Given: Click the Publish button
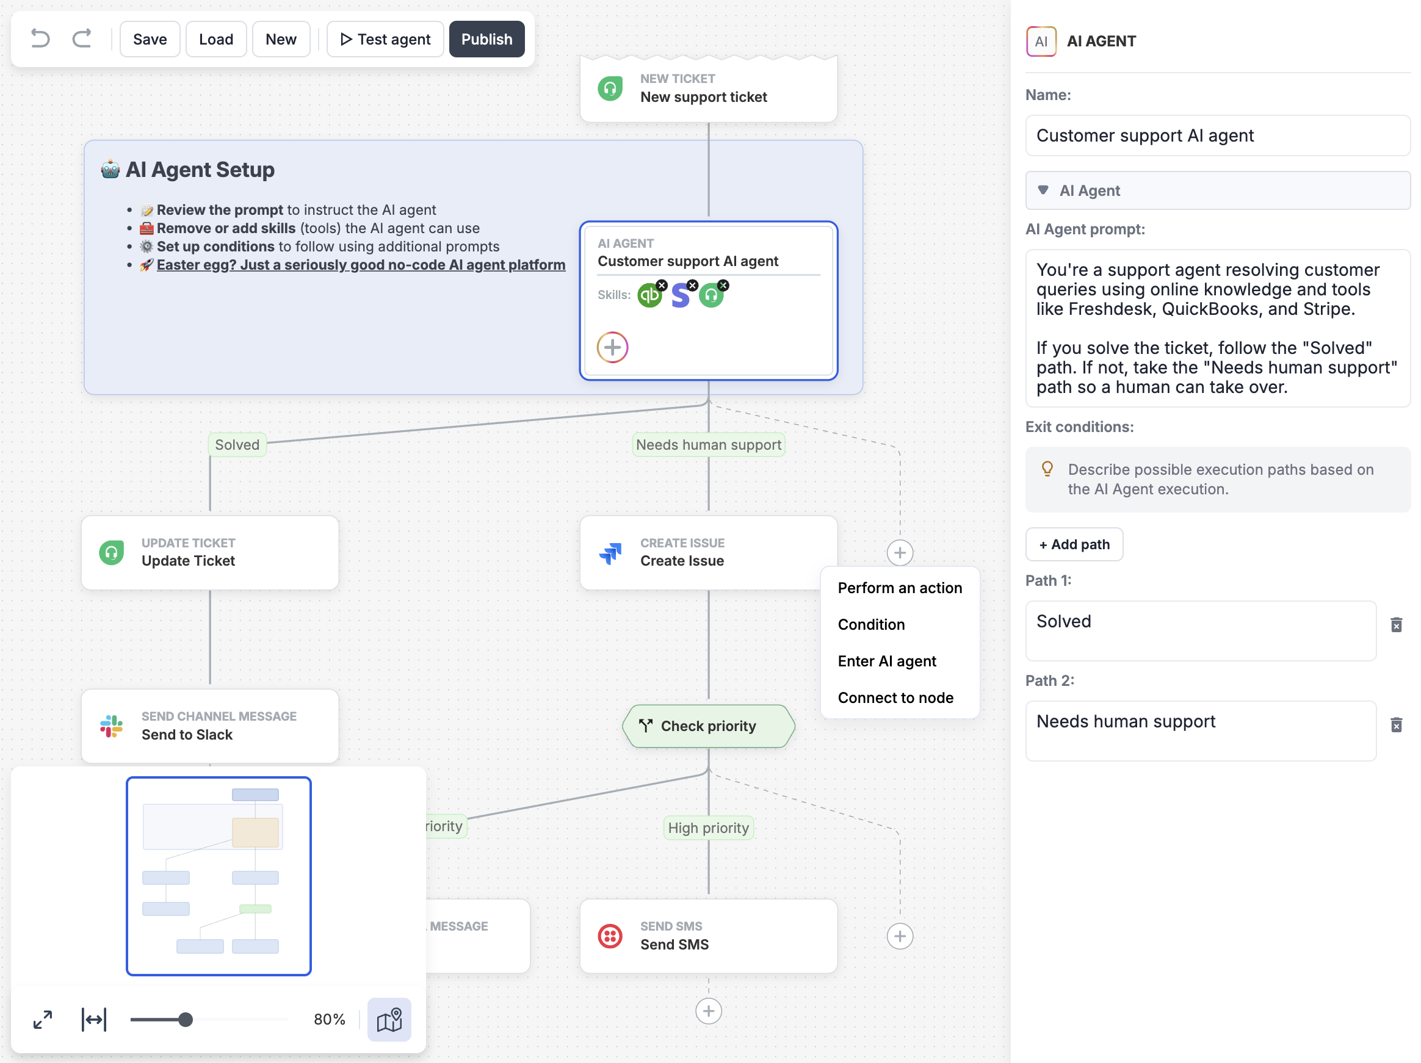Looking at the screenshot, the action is point(486,39).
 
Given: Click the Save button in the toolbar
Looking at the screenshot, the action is point(150,39).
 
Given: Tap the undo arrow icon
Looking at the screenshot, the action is point(40,39).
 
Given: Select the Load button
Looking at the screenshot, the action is point(216,39).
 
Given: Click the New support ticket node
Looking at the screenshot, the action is point(709,88).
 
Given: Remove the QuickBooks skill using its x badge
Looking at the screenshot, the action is point(662,285).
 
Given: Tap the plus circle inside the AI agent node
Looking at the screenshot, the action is point(612,347).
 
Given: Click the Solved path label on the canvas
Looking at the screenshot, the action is point(237,444).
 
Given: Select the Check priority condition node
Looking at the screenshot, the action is point(709,726).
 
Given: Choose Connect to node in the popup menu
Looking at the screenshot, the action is point(895,697).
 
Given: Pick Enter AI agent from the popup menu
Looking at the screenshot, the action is point(886,661).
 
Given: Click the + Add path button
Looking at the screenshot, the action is point(1074,544).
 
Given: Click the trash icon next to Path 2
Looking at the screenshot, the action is point(1396,725).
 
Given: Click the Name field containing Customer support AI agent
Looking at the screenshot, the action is point(1217,135).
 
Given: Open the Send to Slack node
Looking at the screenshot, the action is point(210,726).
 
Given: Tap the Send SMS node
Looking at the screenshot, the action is point(709,936).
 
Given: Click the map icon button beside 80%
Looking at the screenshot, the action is point(389,1019).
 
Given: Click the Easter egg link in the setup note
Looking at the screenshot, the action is point(361,265).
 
